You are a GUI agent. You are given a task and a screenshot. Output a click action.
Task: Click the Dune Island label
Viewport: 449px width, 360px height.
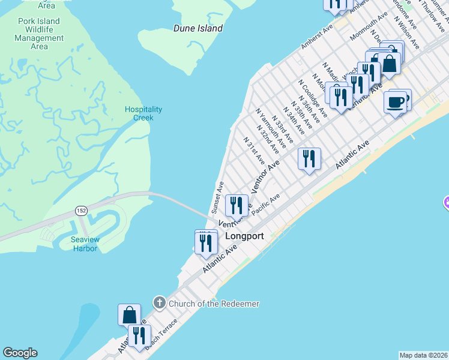tap(197, 28)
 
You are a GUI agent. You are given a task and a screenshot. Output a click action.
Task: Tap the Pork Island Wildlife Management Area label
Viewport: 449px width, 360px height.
tap(39, 34)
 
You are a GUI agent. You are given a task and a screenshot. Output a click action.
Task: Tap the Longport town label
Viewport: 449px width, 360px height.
tap(244, 236)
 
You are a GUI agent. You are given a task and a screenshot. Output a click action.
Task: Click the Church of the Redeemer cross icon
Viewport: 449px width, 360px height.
tap(159, 304)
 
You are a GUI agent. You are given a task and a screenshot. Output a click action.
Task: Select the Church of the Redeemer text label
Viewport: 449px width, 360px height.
tap(214, 304)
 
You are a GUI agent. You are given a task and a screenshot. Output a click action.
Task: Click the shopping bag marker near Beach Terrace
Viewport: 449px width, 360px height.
tap(129, 314)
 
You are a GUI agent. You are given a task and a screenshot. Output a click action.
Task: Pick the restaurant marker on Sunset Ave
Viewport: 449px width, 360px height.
tap(237, 206)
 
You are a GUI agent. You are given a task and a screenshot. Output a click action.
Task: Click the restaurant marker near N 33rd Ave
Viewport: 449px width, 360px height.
tap(309, 158)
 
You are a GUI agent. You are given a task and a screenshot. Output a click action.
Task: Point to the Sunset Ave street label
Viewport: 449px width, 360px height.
tap(217, 196)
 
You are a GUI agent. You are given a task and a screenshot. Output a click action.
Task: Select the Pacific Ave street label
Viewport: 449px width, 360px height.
tap(266, 205)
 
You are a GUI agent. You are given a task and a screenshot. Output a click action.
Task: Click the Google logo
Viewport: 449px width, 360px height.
tap(20, 353)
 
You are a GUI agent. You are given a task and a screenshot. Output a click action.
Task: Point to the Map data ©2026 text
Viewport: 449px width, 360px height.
tap(424, 355)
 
